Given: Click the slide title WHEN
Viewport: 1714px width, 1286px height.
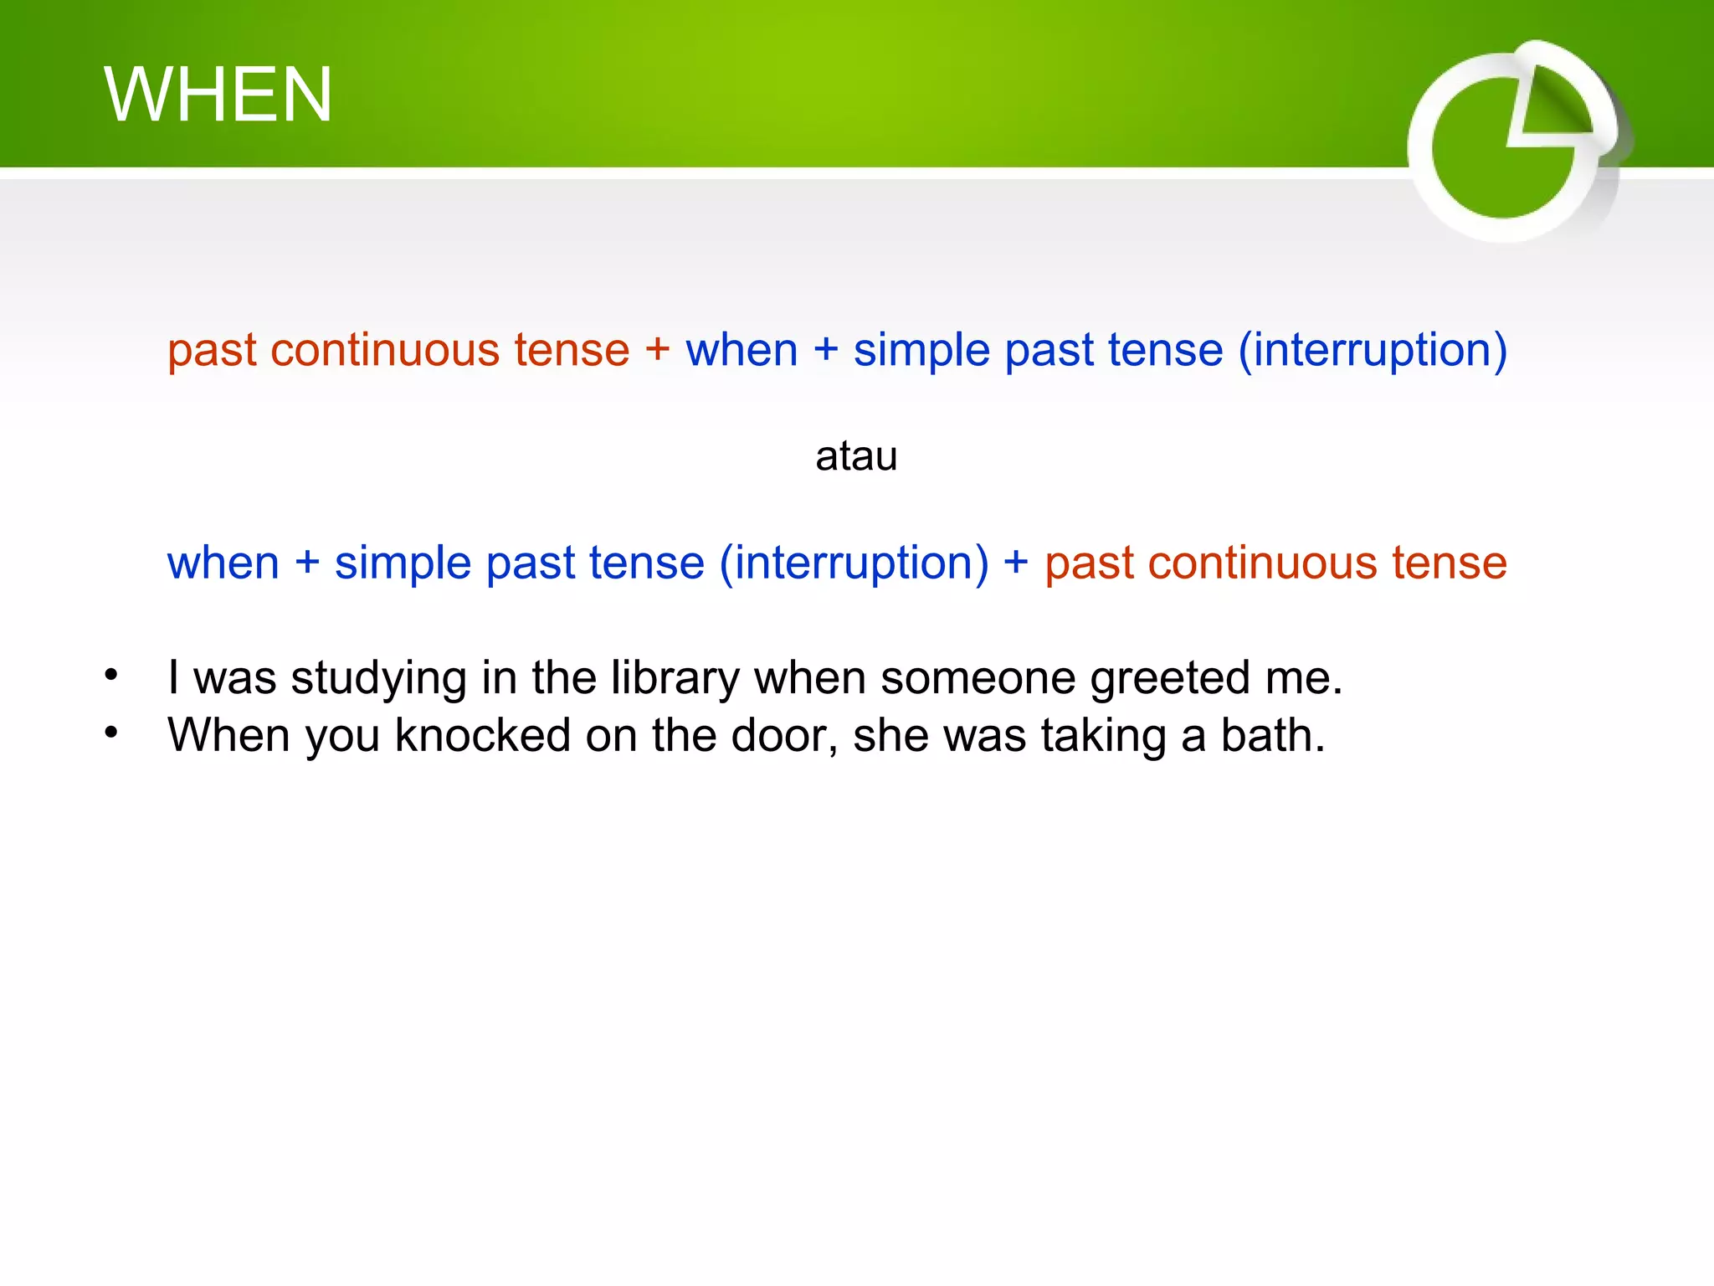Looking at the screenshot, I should click(218, 95).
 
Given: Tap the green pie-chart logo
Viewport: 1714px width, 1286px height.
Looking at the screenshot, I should click(1511, 142).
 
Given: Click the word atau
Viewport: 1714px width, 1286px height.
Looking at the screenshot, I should click(856, 457).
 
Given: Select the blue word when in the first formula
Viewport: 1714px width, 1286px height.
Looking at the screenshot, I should click(742, 350).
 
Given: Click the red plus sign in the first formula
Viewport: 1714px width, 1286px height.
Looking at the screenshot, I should click(657, 348).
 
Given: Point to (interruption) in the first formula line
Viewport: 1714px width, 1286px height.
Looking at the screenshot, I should click(1373, 350).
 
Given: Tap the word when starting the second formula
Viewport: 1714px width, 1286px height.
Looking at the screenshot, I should click(223, 563).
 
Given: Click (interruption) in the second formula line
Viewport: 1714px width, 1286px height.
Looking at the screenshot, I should click(854, 563).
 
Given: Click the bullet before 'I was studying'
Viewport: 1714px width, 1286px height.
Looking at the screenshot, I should click(111, 675).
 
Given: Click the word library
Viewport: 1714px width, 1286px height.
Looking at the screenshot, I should click(675, 678).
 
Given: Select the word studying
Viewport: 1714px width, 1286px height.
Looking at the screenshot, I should click(378, 678).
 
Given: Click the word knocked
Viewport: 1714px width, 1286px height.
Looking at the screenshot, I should click(482, 736).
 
